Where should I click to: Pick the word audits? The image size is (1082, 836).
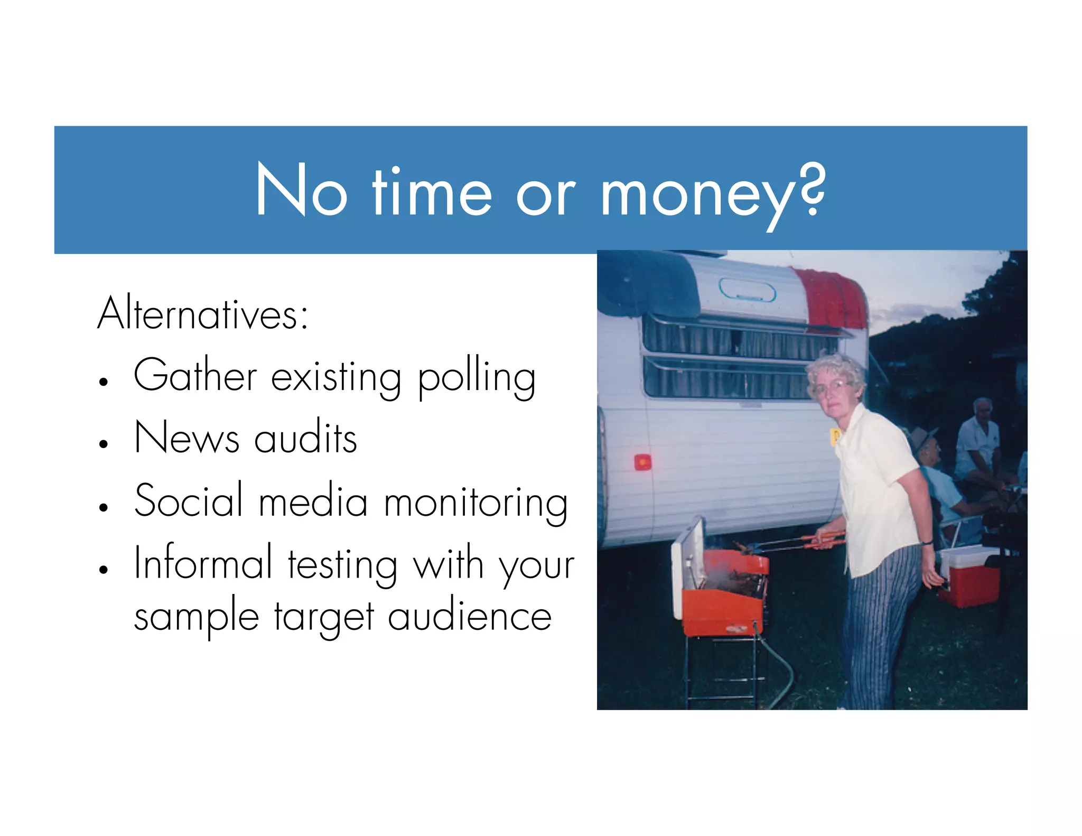click(305, 438)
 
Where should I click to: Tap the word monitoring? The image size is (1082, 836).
click(476, 502)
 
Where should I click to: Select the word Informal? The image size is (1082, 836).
click(203, 563)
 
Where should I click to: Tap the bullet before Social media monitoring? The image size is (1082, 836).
click(104, 507)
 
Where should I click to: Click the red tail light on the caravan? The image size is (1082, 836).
click(642, 462)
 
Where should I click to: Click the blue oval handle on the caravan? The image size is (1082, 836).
click(747, 290)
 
